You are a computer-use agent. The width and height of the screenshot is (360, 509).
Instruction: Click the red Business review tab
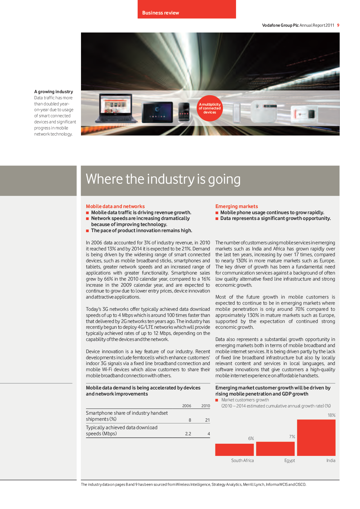pos(186,10)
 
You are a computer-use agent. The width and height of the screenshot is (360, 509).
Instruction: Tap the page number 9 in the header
pos(338,25)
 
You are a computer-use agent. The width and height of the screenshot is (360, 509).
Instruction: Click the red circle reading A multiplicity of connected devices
pos(210,108)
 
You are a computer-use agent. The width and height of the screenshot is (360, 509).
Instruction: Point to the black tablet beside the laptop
pos(157,112)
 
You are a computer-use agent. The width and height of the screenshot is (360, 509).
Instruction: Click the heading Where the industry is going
pos(163,179)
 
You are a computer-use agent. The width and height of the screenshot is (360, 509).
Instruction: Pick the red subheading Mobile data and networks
pos(115,206)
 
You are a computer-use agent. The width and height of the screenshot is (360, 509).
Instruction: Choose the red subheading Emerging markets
pos(236,206)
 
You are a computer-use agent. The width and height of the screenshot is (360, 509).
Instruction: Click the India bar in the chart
pos(316,438)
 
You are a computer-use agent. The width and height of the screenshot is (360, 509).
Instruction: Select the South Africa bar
pos(234,450)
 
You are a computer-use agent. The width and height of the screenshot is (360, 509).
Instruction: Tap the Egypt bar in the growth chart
pos(275,449)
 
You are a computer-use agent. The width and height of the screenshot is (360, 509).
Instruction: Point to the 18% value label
pos(331,415)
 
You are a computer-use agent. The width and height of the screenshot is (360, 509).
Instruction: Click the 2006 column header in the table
pos(187,406)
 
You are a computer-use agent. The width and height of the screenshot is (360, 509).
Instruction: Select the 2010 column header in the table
pos(206,406)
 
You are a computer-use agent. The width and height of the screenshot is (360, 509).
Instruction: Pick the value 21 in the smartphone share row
pos(207,420)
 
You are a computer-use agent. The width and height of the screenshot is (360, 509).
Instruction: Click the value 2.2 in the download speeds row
pos(188,434)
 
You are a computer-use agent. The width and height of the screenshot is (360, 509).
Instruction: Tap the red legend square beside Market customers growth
pos(217,400)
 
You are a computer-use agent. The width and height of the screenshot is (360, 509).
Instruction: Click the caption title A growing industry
pos(54,92)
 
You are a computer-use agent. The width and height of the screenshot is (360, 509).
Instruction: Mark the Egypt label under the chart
pos(289,461)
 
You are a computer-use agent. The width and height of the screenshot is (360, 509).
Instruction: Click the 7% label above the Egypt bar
pos(292,437)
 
